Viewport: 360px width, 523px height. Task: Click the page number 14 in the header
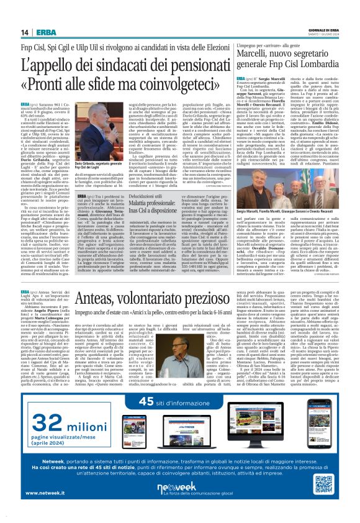[25, 32]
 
